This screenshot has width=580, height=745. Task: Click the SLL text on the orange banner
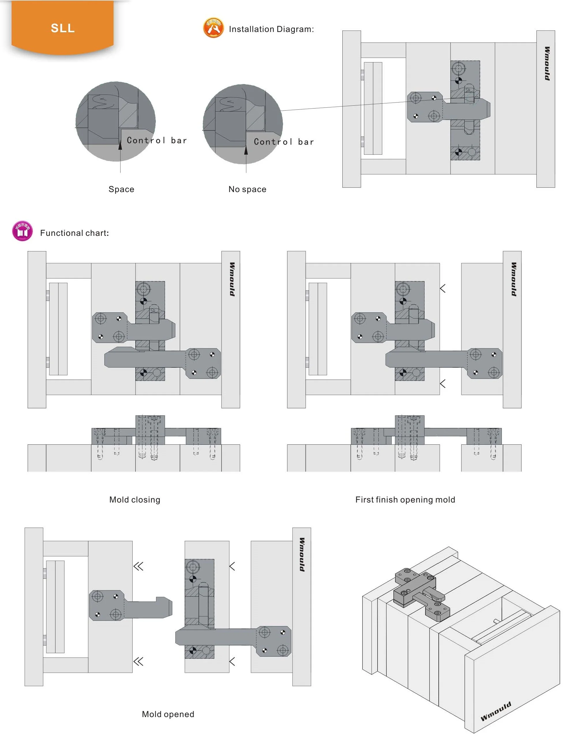[63, 28]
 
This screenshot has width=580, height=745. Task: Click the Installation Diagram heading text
[271, 29]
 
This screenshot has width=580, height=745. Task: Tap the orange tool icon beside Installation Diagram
[213, 28]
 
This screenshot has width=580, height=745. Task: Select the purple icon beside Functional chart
[22, 231]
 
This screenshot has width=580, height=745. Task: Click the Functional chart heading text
[74, 233]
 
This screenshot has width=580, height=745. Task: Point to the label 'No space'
[247, 189]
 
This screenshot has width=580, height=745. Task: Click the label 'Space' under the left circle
[121, 189]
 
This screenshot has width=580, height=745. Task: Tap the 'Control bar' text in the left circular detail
[157, 140]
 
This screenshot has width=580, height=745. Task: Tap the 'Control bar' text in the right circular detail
[284, 142]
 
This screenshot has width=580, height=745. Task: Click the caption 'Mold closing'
[135, 500]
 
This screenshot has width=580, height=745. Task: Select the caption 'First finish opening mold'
[405, 500]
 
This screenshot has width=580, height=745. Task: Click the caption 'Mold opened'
[168, 714]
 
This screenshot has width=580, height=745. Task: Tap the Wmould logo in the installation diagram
[547, 64]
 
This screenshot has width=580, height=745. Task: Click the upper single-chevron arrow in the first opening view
[443, 289]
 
